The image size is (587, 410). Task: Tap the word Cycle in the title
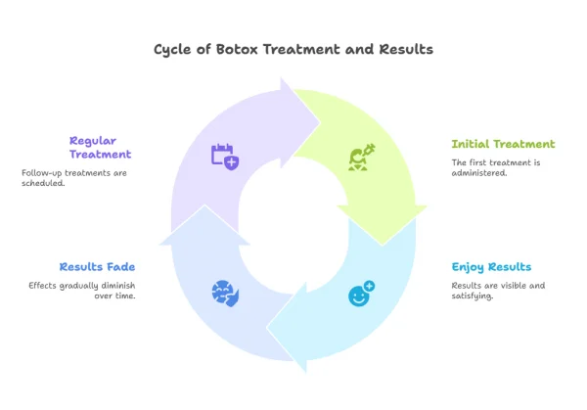point(175,49)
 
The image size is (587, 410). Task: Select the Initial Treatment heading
point(503,144)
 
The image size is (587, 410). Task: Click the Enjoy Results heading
point(491,266)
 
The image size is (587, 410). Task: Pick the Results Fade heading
point(97,266)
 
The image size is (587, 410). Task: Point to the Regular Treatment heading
point(100,147)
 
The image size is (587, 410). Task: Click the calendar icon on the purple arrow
point(225,156)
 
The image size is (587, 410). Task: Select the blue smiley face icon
point(361,292)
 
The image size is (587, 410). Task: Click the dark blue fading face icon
point(225,292)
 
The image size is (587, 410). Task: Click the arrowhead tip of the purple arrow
point(319,123)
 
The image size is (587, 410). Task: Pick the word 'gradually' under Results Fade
point(75,285)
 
